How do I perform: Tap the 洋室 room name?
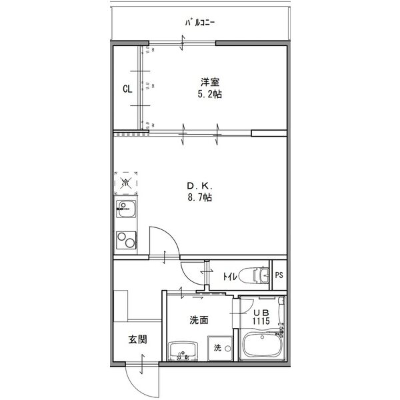coord(210,83)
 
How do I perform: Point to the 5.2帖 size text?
coord(210,95)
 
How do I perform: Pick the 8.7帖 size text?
coord(199,197)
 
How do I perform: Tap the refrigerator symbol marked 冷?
coord(125,181)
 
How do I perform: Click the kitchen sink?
coord(125,212)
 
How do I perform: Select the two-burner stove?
coord(125,239)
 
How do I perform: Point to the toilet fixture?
coord(253,274)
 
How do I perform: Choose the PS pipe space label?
coord(279,274)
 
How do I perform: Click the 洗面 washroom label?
coord(199,320)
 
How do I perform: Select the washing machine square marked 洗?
coord(218,347)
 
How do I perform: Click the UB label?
coord(260,312)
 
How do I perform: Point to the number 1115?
coord(260,321)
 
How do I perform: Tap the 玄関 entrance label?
coord(138,339)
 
